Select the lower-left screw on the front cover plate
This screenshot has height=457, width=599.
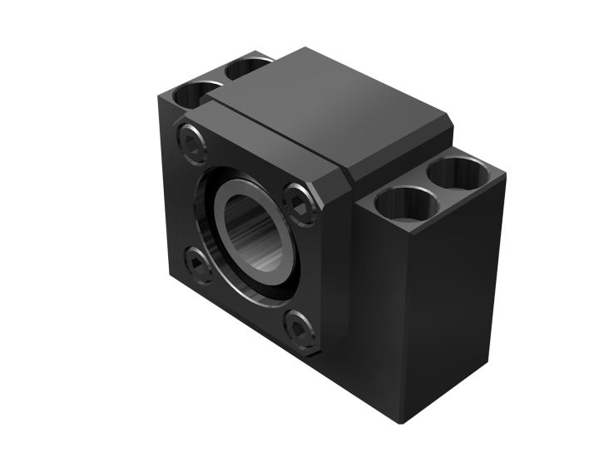coord(197,263)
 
